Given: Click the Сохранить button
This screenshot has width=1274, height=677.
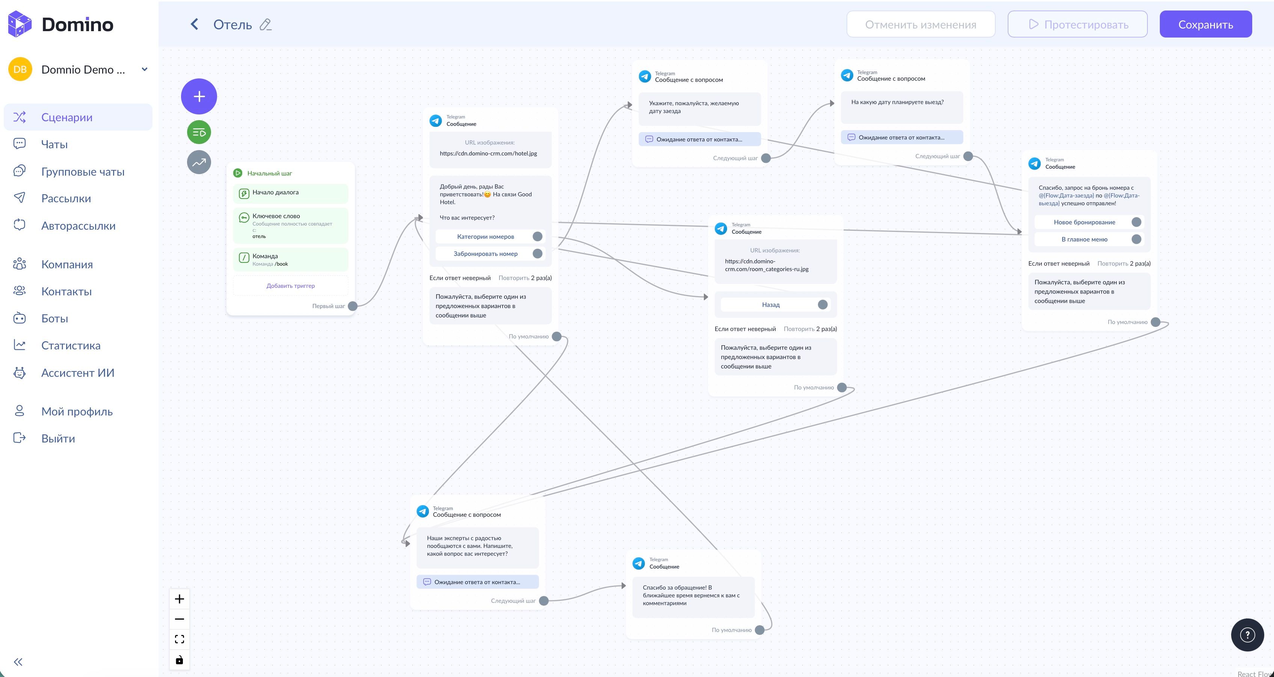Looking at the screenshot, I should coord(1205,24).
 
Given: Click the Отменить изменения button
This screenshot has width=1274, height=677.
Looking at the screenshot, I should coord(921,24).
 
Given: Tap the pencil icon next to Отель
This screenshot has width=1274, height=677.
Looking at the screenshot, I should coord(266,25).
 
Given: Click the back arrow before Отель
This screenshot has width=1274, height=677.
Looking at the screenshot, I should coord(194,24).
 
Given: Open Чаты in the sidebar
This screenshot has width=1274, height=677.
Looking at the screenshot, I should coord(54,144).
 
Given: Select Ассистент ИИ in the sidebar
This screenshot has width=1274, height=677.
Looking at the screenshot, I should coord(78,373).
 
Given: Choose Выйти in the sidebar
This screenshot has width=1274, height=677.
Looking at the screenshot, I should coord(58,439).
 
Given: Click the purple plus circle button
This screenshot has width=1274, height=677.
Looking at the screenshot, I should coord(199,96).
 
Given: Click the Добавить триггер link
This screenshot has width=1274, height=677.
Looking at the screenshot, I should coord(290,286).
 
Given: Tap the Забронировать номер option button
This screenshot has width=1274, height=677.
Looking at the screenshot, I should coord(485,254).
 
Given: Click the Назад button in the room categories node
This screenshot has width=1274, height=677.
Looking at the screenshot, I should coord(771,305).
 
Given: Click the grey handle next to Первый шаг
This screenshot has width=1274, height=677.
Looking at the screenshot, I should coord(353,306).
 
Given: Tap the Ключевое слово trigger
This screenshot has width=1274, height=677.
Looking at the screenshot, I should coord(290,225).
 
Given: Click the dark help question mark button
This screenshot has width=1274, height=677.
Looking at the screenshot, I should coord(1247,635).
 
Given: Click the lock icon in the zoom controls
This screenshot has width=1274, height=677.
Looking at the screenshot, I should coord(180,660).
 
